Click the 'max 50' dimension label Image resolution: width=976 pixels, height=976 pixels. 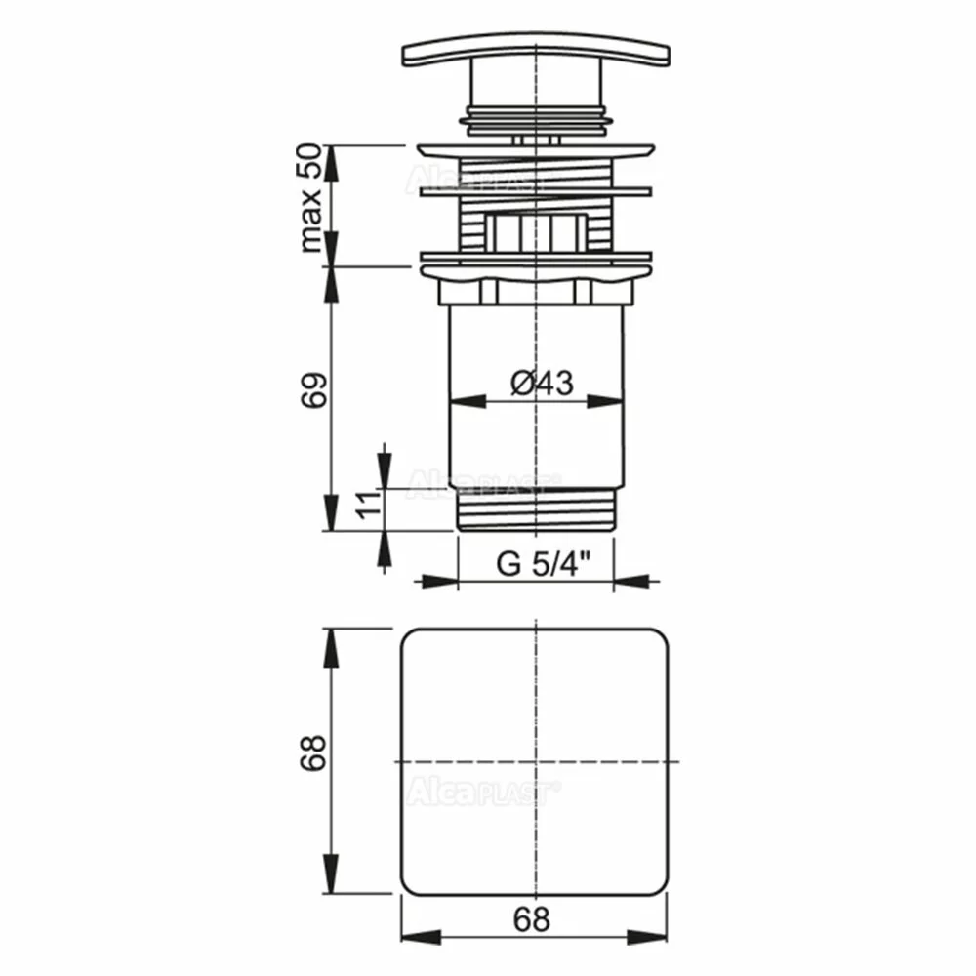click(310, 198)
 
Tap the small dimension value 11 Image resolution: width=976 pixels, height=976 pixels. click(369, 505)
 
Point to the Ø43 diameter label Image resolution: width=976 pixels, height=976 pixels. click(542, 383)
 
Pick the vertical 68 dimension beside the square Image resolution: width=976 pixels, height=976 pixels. click(313, 752)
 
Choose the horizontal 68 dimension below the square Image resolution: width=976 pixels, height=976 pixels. click(532, 919)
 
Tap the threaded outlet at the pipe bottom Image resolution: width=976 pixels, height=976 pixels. click(536, 509)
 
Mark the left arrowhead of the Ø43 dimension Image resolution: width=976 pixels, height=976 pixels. click(468, 401)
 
